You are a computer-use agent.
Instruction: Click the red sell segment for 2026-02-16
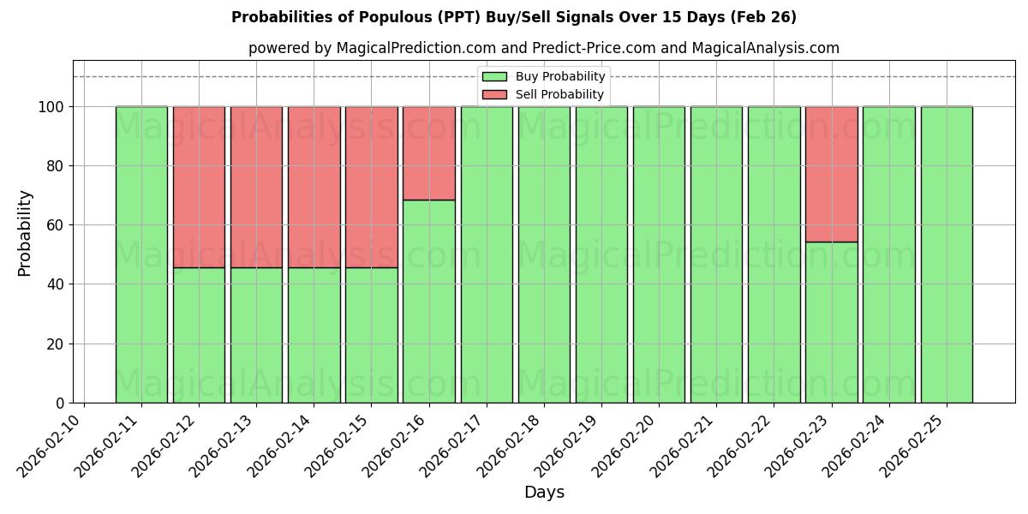[x=428, y=153]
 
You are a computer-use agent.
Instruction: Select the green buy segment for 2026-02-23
[x=831, y=322]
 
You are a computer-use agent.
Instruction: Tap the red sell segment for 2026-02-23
[x=831, y=174]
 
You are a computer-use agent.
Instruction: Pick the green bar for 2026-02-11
[x=141, y=254]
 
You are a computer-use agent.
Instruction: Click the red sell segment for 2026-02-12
[x=199, y=187]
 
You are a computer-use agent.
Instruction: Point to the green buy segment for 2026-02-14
[x=314, y=335]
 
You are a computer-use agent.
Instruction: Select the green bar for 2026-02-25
[x=947, y=254]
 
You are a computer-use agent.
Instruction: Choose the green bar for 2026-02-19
[x=601, y=254]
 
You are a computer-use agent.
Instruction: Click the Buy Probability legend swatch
[x=494, y=77]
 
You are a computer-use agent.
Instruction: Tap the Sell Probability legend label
[x=559, y=94]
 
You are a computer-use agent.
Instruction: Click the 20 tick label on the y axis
[x=55, y=344]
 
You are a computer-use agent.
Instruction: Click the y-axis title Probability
[x=25, y=233]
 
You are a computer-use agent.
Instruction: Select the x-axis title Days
[x=544, y=493]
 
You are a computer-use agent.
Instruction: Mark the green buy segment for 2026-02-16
[x=428, y=301]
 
